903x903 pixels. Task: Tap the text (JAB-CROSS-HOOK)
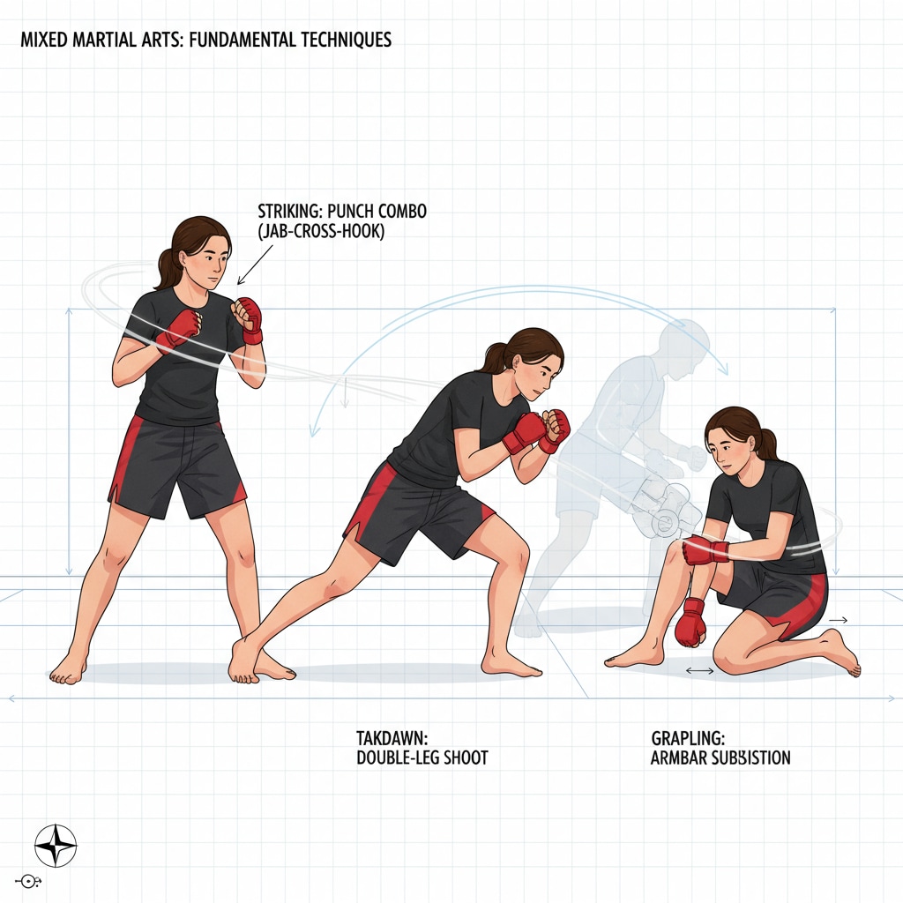[321, 232]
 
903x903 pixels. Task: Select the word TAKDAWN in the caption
[392, 738]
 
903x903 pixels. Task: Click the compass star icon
[56, 846]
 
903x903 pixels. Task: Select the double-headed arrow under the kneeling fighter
[699, 670]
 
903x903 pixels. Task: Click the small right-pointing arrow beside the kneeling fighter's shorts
[839, 620]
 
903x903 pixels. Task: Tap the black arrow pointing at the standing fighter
[256, 265]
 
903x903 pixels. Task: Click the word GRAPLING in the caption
[688, 738]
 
